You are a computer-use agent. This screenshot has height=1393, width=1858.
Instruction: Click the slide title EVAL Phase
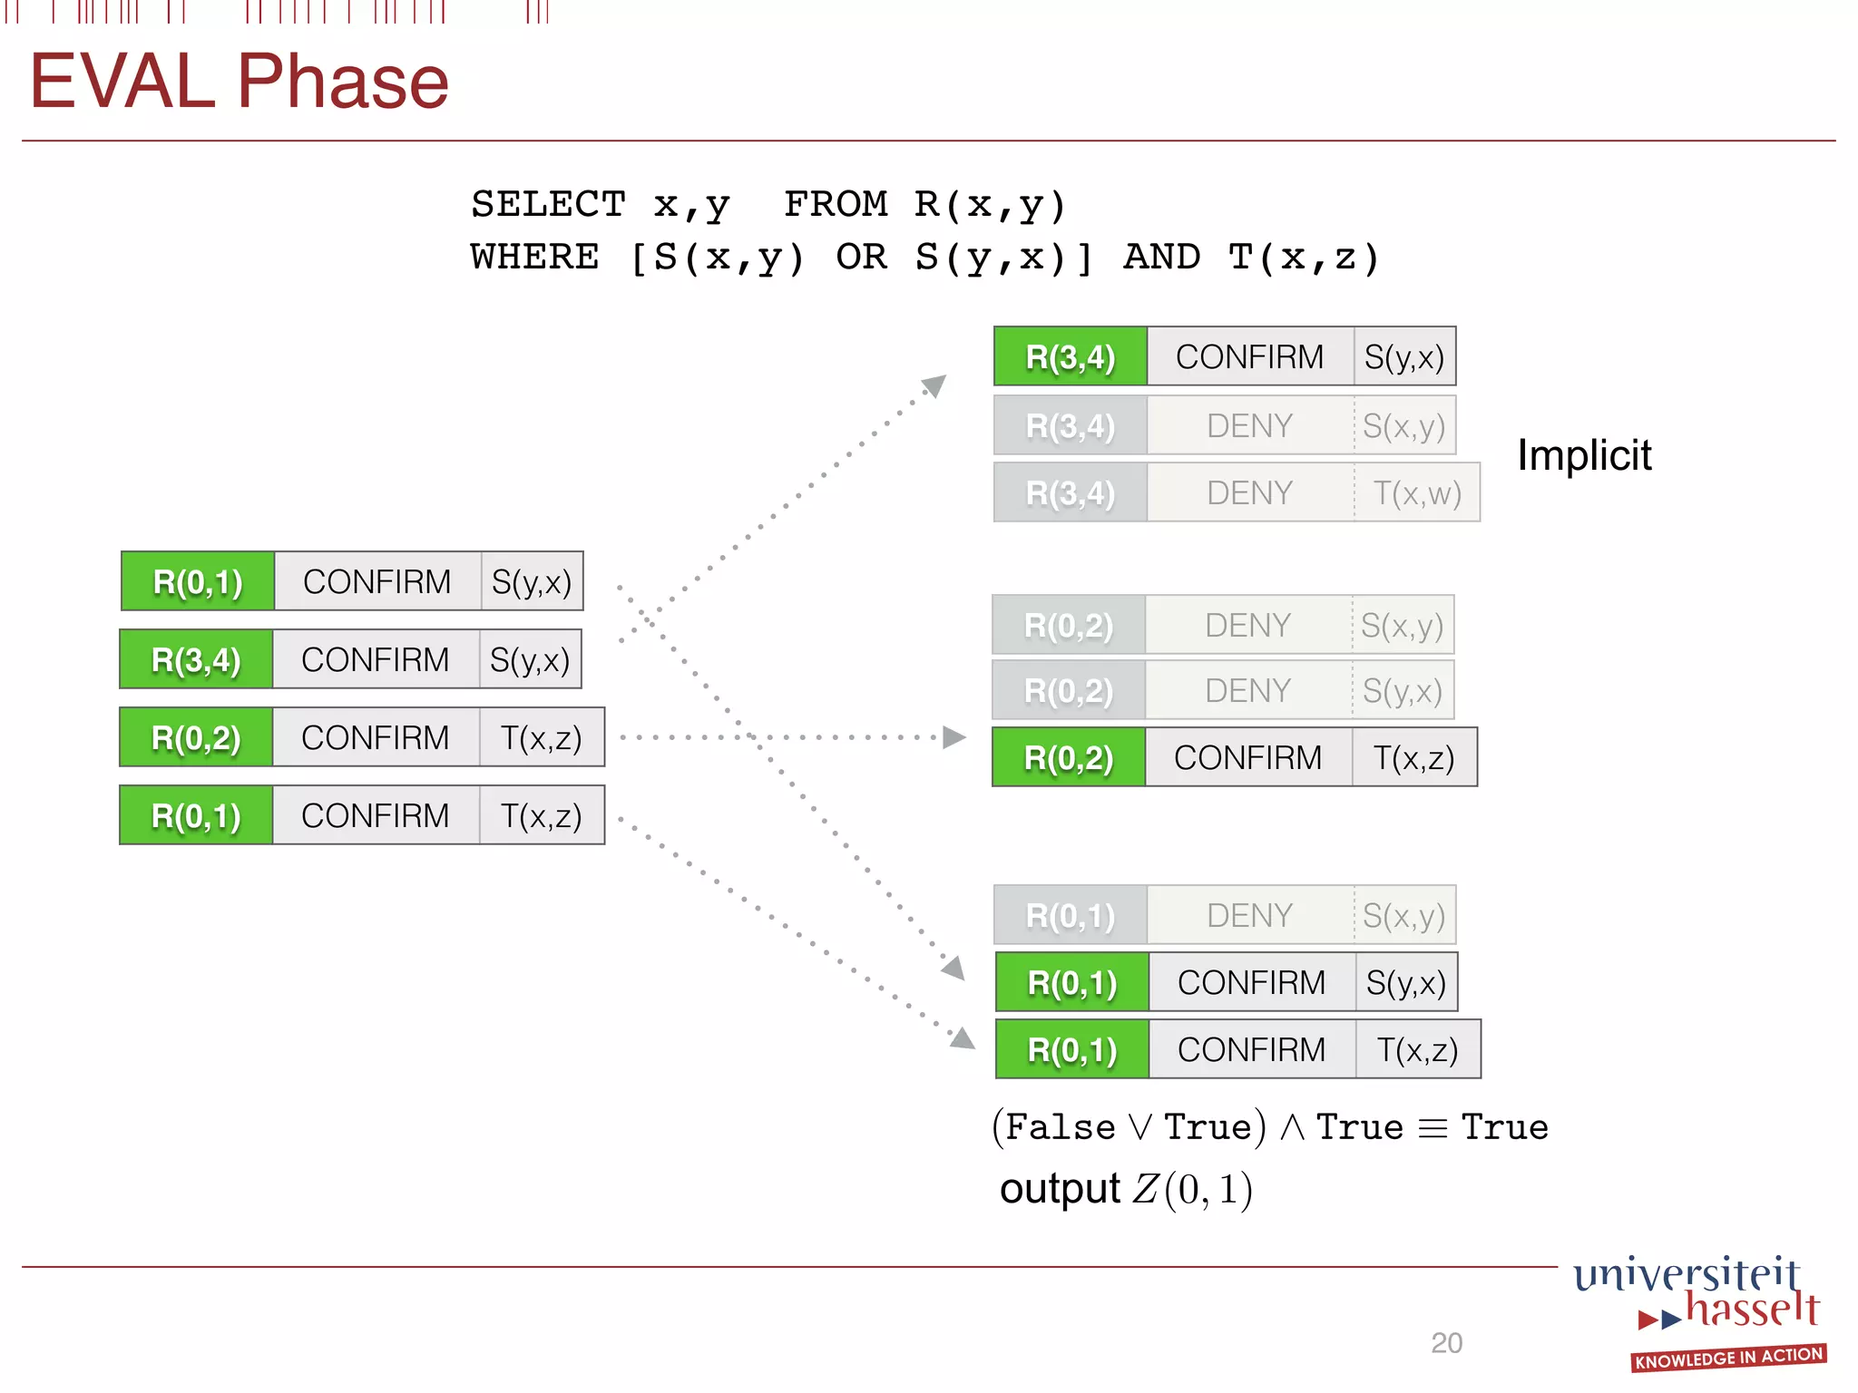tap(240, 82)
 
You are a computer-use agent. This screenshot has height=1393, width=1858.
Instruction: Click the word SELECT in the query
tap(548, 204)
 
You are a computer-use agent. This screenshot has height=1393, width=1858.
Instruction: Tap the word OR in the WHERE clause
tap(861, 258)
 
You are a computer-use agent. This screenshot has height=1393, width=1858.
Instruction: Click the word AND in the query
tap(1161, 258)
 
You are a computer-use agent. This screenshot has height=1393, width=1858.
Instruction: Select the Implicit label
tap(1584, 455)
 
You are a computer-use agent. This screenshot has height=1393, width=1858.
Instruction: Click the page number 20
tap(1446, 1343)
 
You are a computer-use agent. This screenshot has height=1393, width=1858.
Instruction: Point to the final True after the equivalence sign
tap(1504, 1127)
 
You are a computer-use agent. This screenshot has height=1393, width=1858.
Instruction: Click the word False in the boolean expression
tap(1060, 1127)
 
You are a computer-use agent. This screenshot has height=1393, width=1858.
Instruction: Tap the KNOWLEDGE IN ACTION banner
tap(1728, 1358)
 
